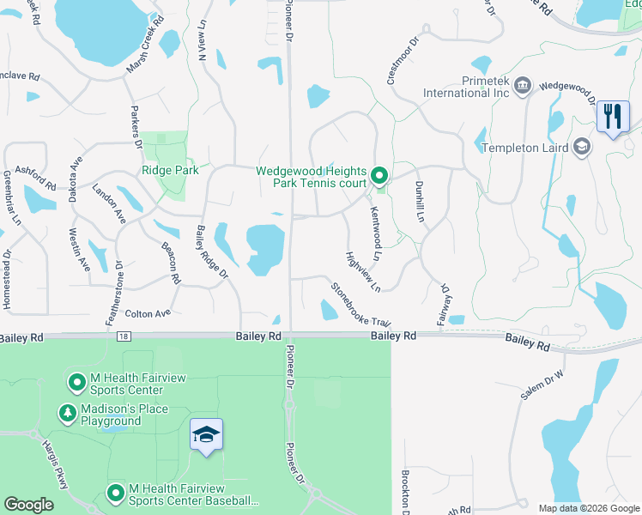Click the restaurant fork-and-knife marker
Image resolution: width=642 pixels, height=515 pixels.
click(612, 116)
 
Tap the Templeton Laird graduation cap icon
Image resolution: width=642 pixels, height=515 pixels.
click(583, 147)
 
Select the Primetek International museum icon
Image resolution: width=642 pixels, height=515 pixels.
click(523, 86)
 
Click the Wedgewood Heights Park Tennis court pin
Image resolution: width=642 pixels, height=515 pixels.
click(379, 177)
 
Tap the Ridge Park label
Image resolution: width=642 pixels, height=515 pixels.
click(170, 170)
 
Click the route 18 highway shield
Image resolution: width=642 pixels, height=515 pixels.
click(124, 337)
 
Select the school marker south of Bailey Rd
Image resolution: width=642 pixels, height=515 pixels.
click(206, 435)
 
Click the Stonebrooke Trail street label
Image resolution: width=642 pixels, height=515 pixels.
click(360, 303)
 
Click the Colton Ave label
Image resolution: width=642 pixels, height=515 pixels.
click(148, 314)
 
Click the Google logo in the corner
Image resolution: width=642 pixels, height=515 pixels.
click(28, 505)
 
